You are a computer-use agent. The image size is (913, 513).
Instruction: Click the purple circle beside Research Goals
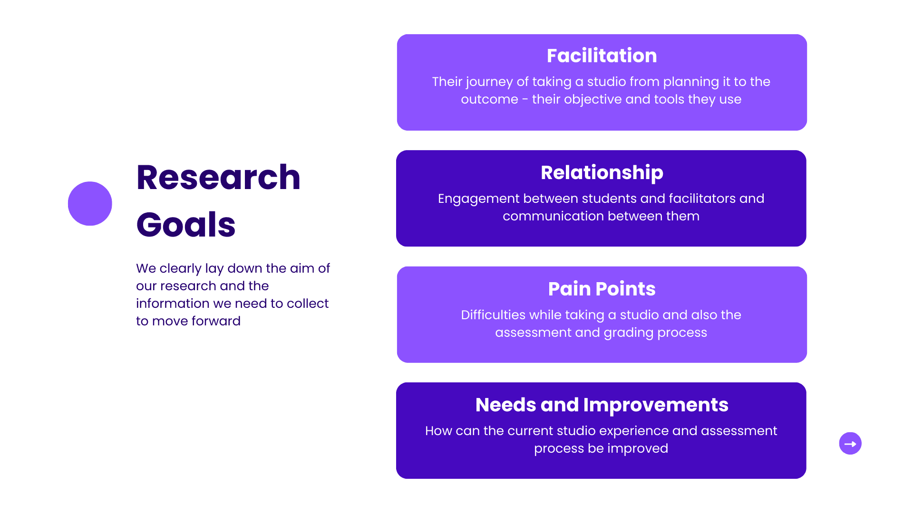point(90,203)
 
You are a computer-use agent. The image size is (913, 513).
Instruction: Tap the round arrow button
point(850,443)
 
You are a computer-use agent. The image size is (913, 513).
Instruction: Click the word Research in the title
point(218,178)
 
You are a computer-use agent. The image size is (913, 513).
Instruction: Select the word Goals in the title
point(186,225)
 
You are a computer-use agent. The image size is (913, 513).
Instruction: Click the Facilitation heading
point(602,56)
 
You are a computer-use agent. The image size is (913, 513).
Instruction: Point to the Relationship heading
point(602,172)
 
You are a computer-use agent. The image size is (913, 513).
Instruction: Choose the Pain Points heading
point(602,289)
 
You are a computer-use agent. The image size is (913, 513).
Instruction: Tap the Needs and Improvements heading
point(602,405)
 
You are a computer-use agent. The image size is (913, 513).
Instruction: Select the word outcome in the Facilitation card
point(489,99)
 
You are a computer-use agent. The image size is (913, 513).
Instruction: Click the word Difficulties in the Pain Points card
point(493,315)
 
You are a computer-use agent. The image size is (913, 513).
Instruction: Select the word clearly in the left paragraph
point(180,269)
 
